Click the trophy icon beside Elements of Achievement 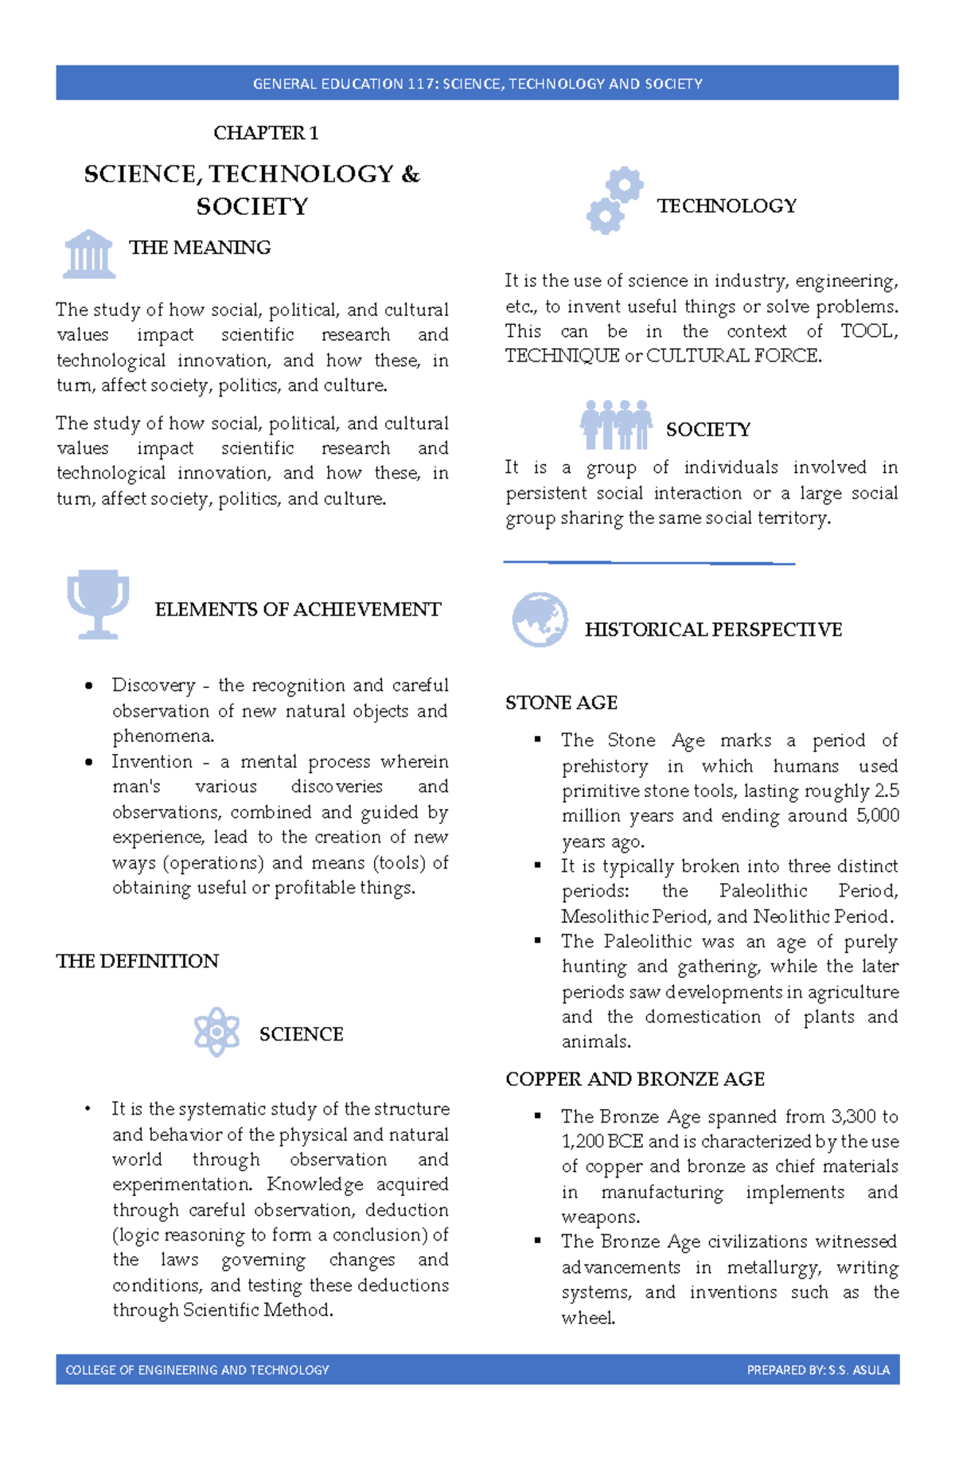(98, 604)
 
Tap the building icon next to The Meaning (89, 254)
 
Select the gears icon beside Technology (614, 201)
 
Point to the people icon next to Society (616, 425)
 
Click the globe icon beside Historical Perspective (540, 619)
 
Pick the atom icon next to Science (216, 1031)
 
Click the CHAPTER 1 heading (266, 133)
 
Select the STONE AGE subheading (561, 702)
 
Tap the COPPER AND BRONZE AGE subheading (634, 1079)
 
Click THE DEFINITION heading (137, 961)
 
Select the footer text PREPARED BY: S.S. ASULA (817, 1370)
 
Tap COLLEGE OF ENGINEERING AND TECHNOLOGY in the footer (197, 1370)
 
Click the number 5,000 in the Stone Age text (877, 815)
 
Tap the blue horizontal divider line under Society (649, 563)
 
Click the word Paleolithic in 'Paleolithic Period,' (762, 891)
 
